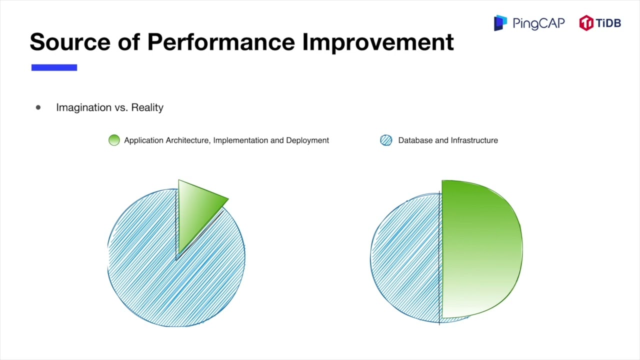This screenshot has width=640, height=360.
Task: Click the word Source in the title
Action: point(69,42)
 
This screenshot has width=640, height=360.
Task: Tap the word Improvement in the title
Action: point(378,42)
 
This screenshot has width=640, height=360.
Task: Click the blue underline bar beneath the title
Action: point(54,67)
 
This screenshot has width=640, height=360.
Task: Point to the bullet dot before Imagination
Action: point(38,107)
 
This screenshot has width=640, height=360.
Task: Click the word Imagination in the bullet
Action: point(83,107)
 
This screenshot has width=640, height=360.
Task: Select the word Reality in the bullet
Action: point(147,107)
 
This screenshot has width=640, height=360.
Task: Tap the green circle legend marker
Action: point(114,140)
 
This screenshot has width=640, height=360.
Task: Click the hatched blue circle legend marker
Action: point(386,140)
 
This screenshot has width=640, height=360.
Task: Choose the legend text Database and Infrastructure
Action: point(447,140)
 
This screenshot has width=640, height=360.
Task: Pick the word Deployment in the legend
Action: point(307,140)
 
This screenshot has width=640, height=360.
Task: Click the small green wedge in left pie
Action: point(196,210)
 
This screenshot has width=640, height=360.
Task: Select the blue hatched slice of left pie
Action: point(165,280)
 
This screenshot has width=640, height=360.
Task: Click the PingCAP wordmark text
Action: point(538,23)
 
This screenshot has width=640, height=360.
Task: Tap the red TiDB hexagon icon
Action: point(586,23)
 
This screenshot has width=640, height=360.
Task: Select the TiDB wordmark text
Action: point(608,23)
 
